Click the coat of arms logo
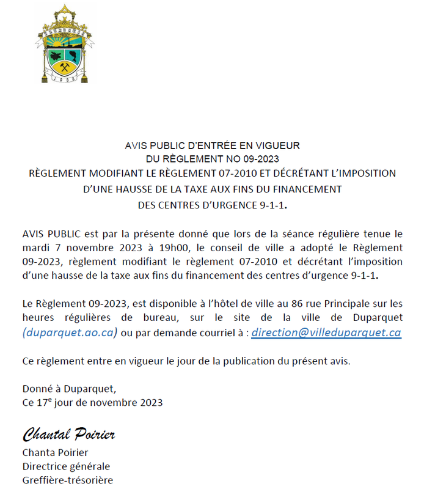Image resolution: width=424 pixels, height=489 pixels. click(x=65, y=44)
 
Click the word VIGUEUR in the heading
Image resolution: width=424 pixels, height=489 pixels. click(x=278, y=146)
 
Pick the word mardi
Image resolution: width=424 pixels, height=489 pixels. click(x=35, y=248)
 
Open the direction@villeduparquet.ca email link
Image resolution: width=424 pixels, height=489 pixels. click(x=326, y=333)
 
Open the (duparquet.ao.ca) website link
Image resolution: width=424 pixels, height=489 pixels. click(x=69, y=333)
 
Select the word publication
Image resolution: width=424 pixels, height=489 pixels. click(x=238, y=361)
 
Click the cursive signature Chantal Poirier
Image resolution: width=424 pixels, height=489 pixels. click(x=70, y=435)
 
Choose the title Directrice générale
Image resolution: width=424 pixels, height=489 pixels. click(x=66, y=466)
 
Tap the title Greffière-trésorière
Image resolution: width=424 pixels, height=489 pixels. click(x=67, y=480)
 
